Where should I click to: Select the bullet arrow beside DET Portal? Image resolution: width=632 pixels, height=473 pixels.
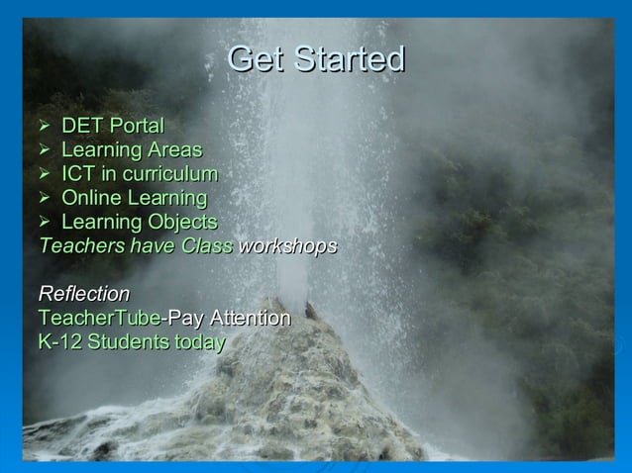click(45, 127)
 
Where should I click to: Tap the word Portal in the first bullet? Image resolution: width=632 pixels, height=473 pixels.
click(137, 127)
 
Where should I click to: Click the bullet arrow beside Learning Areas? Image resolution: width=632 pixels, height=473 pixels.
click(45, 150)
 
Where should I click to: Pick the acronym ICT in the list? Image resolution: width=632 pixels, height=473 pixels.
click(80, 174)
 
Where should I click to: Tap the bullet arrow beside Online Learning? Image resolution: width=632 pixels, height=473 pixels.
click(45, 198)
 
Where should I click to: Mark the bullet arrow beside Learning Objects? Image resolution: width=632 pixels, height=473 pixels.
click(45, 222)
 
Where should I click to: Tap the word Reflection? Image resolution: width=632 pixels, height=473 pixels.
click(84, 294)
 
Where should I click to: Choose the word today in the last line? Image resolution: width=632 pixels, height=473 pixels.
click(200, 342)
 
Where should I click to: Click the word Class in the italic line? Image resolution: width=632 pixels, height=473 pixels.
click(207, 245)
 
